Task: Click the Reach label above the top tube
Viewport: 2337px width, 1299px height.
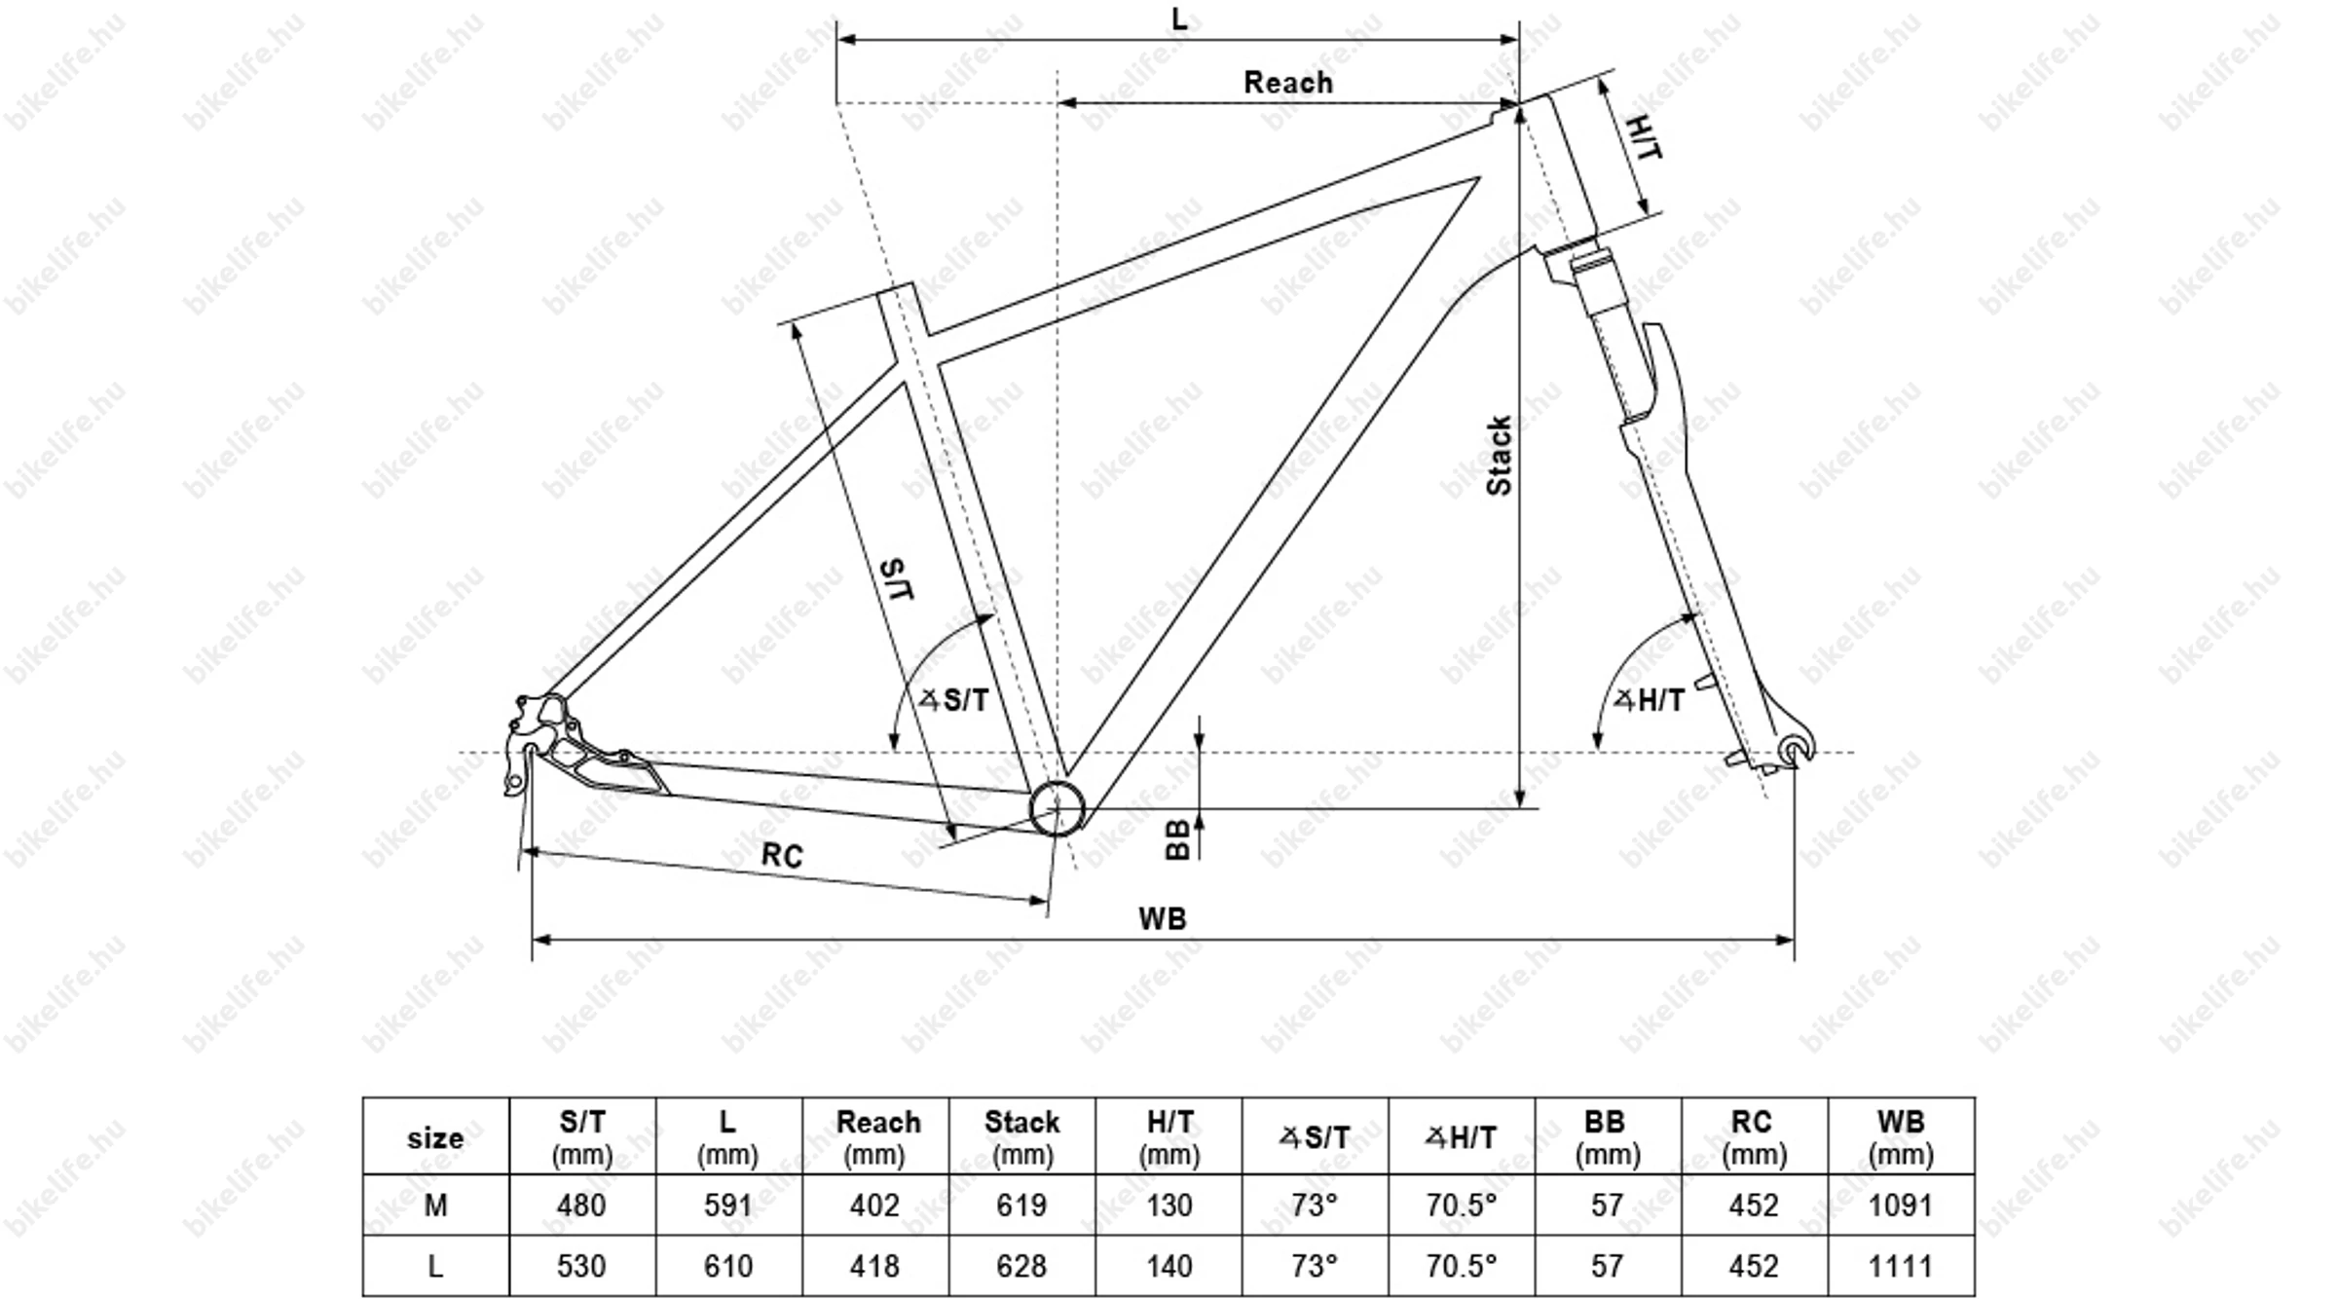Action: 1287,83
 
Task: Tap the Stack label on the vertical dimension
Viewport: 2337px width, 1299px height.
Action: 1500,456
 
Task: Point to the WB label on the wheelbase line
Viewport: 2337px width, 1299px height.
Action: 1163,918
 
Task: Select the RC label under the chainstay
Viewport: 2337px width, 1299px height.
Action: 782,855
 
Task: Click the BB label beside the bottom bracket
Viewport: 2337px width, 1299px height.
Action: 1178,838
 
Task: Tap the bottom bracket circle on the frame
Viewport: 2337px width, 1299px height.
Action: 1057,807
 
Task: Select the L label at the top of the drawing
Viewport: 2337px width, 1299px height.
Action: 1179,19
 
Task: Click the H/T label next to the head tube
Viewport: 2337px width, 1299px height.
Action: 1645,137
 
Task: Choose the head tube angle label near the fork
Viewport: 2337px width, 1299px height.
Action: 1650,699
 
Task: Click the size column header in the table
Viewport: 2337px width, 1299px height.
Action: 435,1137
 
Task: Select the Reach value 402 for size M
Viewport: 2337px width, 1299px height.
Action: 874,1206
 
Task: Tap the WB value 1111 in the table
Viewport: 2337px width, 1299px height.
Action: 1901,1266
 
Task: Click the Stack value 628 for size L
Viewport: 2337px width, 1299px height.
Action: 1021,1266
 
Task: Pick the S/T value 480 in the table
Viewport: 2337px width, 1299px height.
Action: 581,1206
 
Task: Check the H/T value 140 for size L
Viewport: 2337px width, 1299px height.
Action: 1168,1266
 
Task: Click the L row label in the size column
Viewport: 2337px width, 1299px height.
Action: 435,1266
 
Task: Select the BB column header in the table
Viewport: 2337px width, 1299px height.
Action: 1607,1137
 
